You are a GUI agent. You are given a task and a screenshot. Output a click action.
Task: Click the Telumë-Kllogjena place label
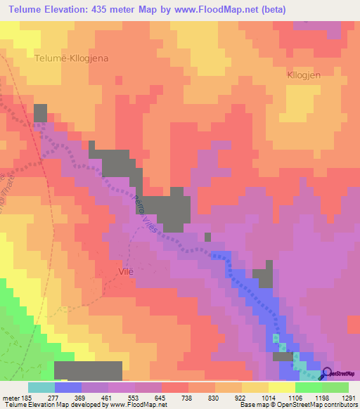pyautogui.click(x=71, y=59)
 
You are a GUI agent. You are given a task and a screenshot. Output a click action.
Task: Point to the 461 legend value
pyautogui.click(x=108, y=397)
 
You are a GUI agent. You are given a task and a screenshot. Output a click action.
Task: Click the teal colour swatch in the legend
pyautogui.click(x=41, y=387)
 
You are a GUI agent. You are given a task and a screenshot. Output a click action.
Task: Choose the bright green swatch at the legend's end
pyautogui.click(x=335, y=387)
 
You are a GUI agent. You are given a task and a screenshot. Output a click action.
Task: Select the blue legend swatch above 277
pyautogui.click(x=67, y=387)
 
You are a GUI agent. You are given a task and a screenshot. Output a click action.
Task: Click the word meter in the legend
pyautogui.click(x=10, y=397)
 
